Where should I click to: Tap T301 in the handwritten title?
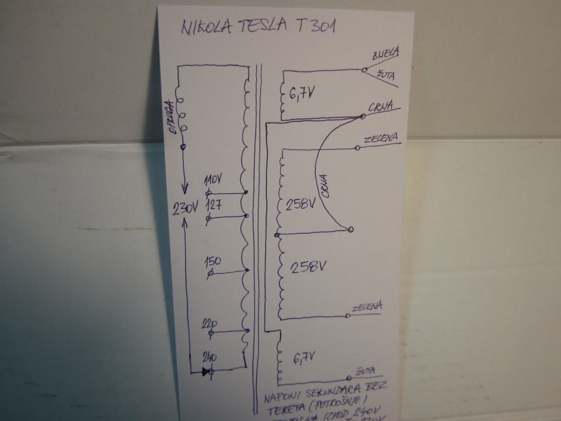pyautogui.click(x=317, y=26)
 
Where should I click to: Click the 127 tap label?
pyautogui.click(x=213, y=204)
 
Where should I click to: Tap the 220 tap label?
pyautogui.click(x=209, y=323)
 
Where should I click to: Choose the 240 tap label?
pyautogui.click(x=211, y=358)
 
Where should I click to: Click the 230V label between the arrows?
pyautogui.click(x=185, y=208)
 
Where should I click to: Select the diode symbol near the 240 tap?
pyautogui.click(x=208, y=370)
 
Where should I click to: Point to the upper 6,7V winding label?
pyautogui.click(x=301, y=95)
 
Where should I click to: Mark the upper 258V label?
pyautogui.click(x=300, y=204)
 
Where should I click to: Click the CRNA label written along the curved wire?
pyautogui.click(x=324, y=186)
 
